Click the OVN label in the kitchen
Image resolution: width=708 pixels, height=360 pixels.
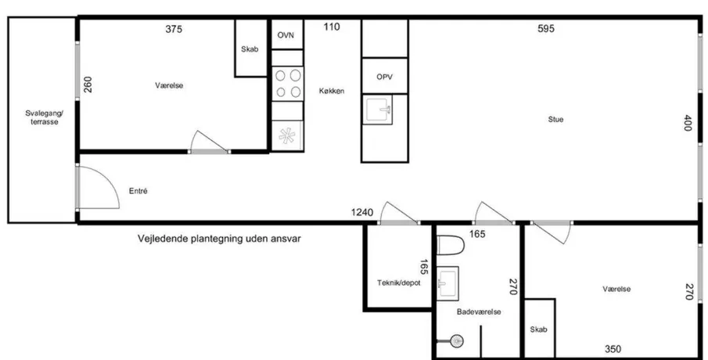click(286, 34)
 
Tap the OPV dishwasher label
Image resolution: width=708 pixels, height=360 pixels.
click(384, 77)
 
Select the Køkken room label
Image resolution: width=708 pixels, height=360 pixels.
click(332, 91)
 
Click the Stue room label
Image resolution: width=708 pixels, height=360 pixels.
click(555, 119)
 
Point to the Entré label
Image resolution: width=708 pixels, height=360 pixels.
click(138, 191)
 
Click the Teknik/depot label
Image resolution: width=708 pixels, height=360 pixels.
click(399, 283)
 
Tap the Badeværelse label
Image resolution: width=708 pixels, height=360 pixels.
click(479, 311)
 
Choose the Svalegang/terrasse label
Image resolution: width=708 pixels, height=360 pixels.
click(45, 117)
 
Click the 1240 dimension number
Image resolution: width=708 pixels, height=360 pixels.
click(362, 212)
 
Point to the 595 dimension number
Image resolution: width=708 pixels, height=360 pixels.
click(546, 29)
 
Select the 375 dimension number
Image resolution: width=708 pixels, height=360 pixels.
click(174, 30)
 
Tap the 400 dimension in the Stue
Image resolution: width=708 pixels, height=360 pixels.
click(688, 123)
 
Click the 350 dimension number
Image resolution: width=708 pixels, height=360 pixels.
click(613, 349)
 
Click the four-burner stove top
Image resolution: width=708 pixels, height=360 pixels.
click(288, 84)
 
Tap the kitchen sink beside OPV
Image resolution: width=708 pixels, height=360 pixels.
click(378, 110)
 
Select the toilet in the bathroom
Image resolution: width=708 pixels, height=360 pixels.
click(451, 245)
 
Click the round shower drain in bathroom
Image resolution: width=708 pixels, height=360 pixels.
click(457, 341)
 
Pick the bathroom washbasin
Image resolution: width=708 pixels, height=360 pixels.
click(448, 283)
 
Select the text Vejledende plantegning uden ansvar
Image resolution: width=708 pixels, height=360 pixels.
click(219, 239)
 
